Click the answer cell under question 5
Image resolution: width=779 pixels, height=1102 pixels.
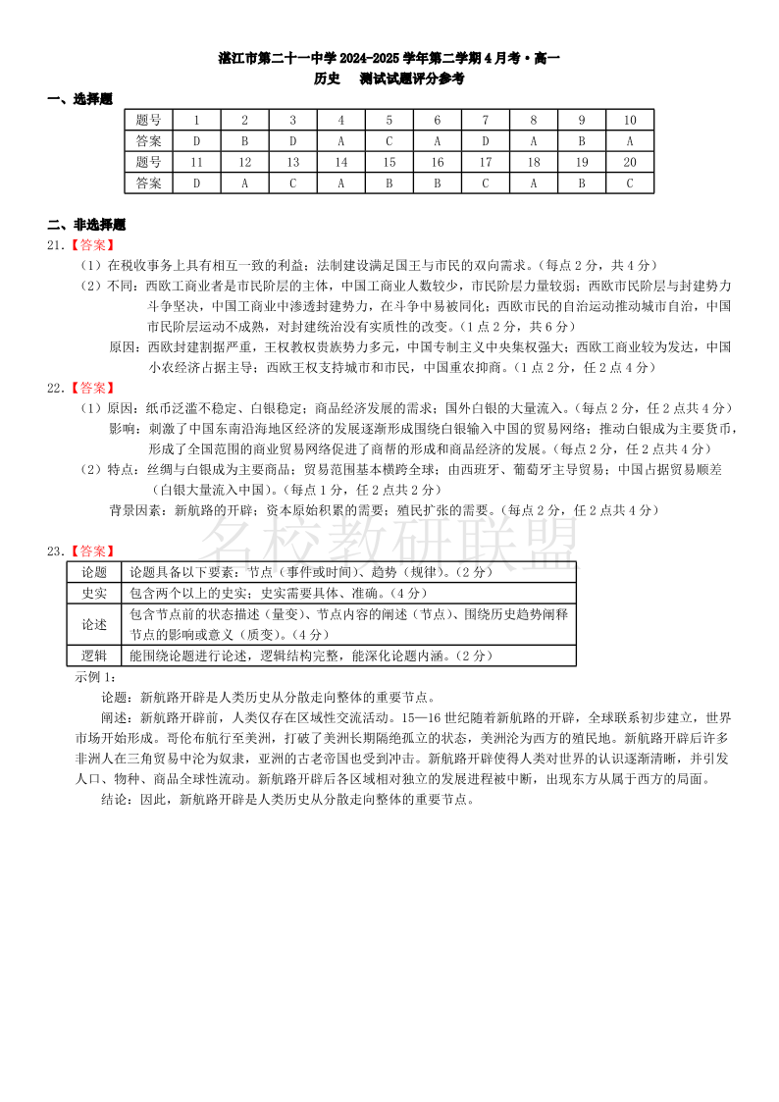(x=389, y=140)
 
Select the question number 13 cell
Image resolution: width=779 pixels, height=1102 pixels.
(x=293, y=162)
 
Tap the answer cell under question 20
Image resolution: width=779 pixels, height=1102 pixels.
(x=630, y=183)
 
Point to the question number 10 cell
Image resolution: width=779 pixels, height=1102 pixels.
(x=630, y=120)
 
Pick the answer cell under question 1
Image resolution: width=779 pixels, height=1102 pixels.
(x=196, y=140)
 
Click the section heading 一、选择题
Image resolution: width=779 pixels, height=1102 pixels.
(x=80, y=98)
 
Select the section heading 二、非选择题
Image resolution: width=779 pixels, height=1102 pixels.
(x=87, y=225)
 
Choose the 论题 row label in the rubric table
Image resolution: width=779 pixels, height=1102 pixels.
(x=94, y=572)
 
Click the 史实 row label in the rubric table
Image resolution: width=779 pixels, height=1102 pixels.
(x=94, y=593)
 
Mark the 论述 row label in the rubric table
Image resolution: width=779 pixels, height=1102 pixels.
(x=94, y=624)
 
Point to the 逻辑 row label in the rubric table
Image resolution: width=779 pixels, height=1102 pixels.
(x=94, y=656)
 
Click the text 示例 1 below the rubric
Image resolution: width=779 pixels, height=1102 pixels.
(x=96, y=676)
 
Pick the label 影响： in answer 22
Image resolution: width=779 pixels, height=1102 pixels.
(x=126, y=428)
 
